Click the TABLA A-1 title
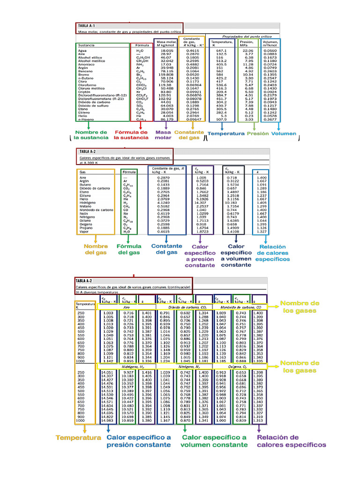pyautogui.click(x=87, y=26)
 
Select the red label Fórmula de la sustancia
pyautogui.click(x=131, y=135)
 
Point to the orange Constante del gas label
pyautogui.click(x=189, y=135)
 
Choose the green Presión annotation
pyautogui.click(x=257, y=134)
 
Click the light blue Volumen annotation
pyautogui.click(x=284, y=134)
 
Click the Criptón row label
pyautogui.click(x=85, y=91)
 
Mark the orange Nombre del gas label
pyautogui.click(x=96, y=249)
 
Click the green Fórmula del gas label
pyautogui.click(x=129, y=249)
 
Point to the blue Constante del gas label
pyautogui.click(x=166, y=249)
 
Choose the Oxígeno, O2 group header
pyautogui.click(x=232, y=367)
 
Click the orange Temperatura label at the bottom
pyautogui.click(x=78, y=437)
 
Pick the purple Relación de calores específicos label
pyautogui.click(x=291, y=441)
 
